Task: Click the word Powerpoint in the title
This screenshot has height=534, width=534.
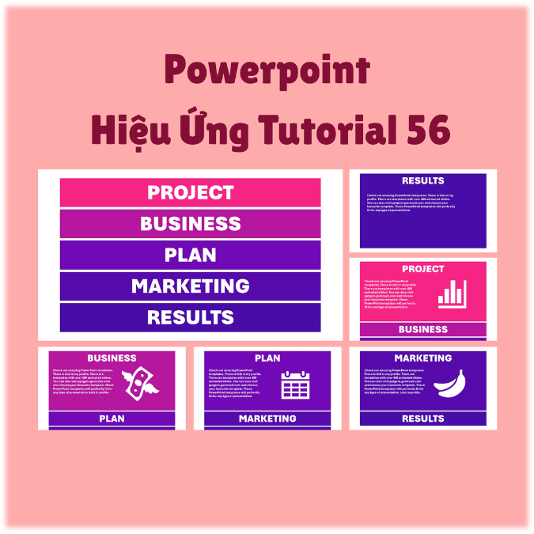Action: (x=267, y=72)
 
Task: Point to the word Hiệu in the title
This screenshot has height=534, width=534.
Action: (x=126, y=129)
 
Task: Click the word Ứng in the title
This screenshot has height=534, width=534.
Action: (x=203, y=127)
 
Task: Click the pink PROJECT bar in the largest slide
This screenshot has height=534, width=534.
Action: (x=191, y=192)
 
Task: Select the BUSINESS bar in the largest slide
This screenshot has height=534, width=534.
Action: (x=191, y=224)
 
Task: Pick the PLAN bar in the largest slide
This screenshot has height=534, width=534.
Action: (x=191, y=255)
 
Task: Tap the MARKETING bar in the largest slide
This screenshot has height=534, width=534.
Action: (x=191, y=286)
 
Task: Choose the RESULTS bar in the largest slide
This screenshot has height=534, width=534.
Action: (x=191, y=317)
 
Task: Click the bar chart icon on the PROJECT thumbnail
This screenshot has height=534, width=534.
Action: (x=452, y=294)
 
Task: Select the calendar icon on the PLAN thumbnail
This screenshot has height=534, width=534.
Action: (x=295, y=384)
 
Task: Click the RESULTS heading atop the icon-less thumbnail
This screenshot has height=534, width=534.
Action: (x=423, y=180)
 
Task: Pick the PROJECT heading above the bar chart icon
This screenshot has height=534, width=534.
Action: (x=423, y=269)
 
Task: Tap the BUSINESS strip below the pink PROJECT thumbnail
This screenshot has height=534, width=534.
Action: (x=423, y=329)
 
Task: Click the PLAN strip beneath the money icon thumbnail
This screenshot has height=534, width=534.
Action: (x=112, y=418)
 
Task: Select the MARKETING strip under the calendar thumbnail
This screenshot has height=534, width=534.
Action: (x=267, y=418)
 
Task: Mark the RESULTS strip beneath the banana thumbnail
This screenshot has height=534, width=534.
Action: (x=423, y=418)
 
